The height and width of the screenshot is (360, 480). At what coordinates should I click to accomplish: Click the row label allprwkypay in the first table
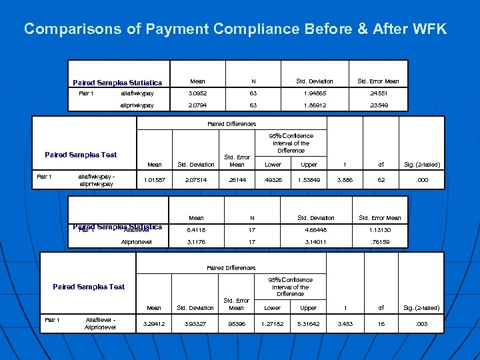point(137,105)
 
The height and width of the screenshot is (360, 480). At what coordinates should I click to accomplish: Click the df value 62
point(381,179)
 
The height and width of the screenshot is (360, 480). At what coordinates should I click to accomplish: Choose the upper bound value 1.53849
point(309,179)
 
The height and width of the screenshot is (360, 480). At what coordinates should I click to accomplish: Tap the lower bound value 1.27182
point(272,325)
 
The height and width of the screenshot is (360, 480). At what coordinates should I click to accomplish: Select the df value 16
point(381,325)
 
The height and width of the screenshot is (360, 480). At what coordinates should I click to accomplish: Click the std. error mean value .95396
point(236,325)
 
